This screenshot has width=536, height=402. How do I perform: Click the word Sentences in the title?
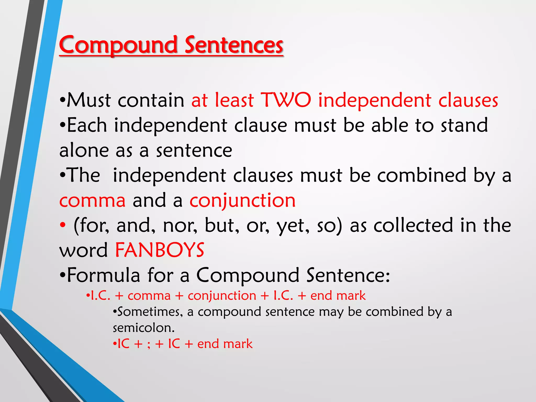click(x=234, y=45)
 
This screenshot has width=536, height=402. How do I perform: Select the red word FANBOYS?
click(x=160, y=250)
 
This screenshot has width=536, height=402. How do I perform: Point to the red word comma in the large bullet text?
click(x=92, y=200)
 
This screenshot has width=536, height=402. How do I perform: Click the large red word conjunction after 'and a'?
click(x=243, y=200)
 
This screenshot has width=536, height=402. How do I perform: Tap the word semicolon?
click(x=143, y=328)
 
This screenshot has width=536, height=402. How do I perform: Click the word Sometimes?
click(x=150, y=312)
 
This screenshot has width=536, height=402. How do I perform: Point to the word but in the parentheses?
click(x=221, y=226)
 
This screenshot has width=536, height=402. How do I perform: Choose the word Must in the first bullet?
click(x=89, y=100)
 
